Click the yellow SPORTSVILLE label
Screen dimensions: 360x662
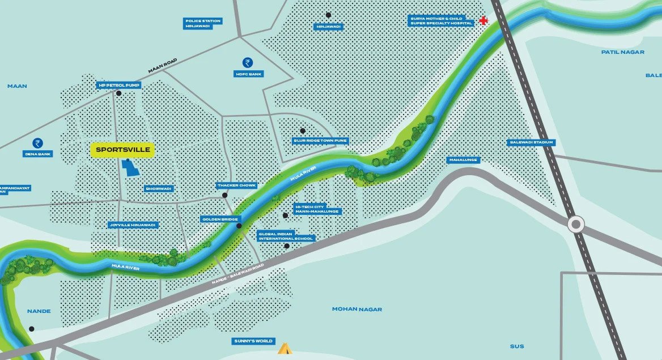click(122, 150)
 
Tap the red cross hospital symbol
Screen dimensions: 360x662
click(483, 21)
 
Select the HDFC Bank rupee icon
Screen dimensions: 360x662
click(248, 62)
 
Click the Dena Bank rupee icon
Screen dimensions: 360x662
click(38, 143)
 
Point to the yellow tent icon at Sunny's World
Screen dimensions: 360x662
click(284, 348)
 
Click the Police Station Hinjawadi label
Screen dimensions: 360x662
click(202, 23)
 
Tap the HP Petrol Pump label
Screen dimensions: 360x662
click(118, 86)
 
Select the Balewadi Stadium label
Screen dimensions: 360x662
click(531, 142)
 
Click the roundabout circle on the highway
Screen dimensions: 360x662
click(576, 224)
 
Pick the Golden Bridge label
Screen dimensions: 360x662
click(221, 219)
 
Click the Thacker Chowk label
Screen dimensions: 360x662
click(237, 185)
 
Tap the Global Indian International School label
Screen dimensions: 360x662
click(286, 236)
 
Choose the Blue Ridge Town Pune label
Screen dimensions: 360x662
click(320, 141)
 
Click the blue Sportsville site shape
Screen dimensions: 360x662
click(131, 168)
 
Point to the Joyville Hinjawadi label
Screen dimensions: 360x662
click(133, 225)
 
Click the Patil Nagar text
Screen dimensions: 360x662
click(622, 52)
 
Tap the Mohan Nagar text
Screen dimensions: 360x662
click(357, 309)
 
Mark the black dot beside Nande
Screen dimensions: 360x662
click(32, 329)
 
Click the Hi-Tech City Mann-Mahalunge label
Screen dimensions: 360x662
click(317, 209)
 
